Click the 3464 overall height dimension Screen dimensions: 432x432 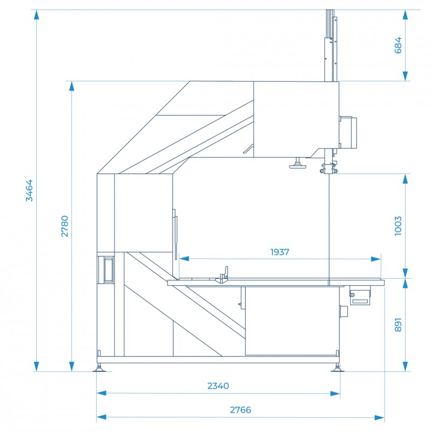[x=29, y=191]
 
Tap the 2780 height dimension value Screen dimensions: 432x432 [x=64, y=226]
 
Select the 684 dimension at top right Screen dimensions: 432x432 [x=398, y=45]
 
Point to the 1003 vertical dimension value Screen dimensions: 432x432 [x=398, y=226]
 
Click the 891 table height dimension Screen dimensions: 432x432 [x=398, y=325]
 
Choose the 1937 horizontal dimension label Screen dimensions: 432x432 [x=280, y=252]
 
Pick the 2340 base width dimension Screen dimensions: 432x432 [x=218, y=386]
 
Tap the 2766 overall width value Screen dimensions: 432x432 [x=240, y=410]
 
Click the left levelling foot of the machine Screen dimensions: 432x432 [x=99, y=368]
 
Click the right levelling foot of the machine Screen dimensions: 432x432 [x=337, y=368]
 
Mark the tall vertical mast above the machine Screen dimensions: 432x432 [x=331, y=45]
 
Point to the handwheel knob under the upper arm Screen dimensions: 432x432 [x=298, y=164]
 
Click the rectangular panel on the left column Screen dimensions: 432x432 [x=109, y=269]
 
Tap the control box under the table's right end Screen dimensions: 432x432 [x=360, y=295]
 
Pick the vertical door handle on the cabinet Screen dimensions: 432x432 [x=175, y=234]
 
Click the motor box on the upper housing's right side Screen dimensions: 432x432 [x=348, y=132]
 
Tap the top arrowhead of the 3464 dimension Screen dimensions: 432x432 [x=36, y=15]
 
